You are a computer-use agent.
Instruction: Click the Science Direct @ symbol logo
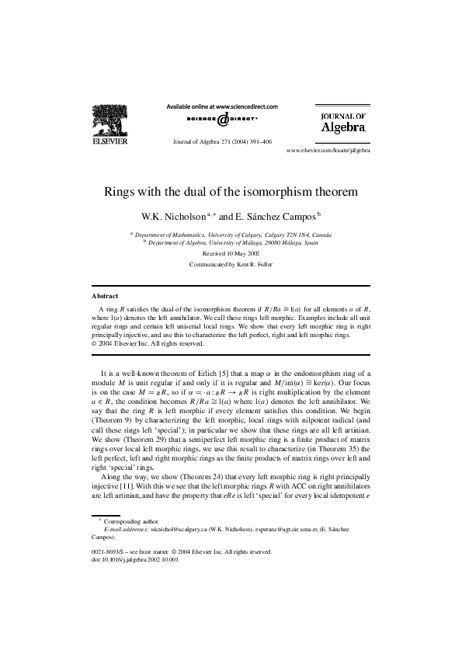(222, 120)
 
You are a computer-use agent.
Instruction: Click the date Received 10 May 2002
(231, 253)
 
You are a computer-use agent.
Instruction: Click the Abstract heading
(105, 296)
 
